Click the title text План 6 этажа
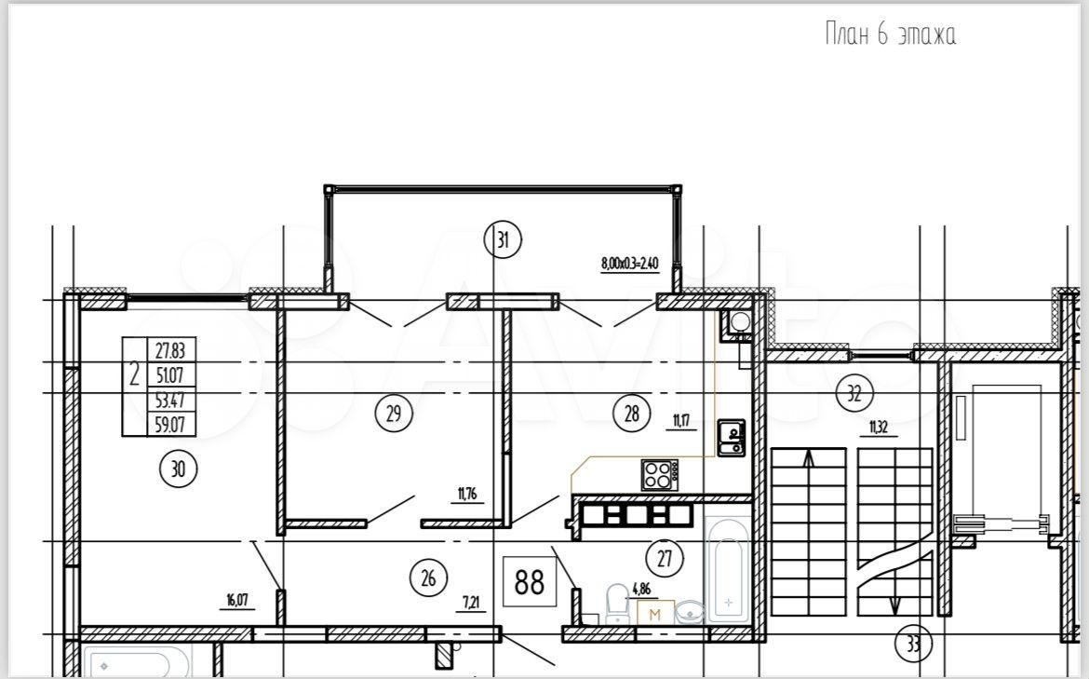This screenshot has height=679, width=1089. pyautogui.click(x=891, y=34)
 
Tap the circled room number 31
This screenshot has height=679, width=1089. pyautogui.click(x=503, y=239)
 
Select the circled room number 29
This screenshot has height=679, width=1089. pyautogui.click(x=394, y=414)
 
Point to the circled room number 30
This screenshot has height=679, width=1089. pyautogui.click(x=179, y=469)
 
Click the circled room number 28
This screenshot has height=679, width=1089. pyautogui.click(x=631, y=414)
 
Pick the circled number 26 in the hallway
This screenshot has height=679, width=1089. pyautogui.click(x=428, y=577)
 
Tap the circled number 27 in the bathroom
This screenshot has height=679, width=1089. pyautogui.click(x=665, y=558)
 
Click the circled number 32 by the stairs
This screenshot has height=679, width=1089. pyautogui.click(x=854, y=394)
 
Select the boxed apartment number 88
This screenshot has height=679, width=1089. pyautogui.click(x=530, y=581)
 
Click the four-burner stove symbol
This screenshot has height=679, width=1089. pyautogui.click(x=659, y=475)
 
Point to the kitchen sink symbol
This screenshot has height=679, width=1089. pyautogui.click(x=732, y=439)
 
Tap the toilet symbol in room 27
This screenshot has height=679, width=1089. pyautogui.click(x=617, y=604)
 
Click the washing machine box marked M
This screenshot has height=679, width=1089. pyautogui.click(x=655, y=612)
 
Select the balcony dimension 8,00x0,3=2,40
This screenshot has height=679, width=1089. pyautogui.click(x=630, y=264)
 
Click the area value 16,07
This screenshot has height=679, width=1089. pyautogui.click(x=237, y=600)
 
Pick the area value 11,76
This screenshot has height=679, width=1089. pyautogui.click(x=467, y=495)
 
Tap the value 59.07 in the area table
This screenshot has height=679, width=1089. pyautogui.click(x=170, y=424)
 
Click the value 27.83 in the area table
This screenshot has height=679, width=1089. pyautogui.click(x=170, y=349)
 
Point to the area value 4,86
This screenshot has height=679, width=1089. pyautogui.click(x=641, y=590)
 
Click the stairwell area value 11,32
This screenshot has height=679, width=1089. pyautogui.click(x=879, y=428)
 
